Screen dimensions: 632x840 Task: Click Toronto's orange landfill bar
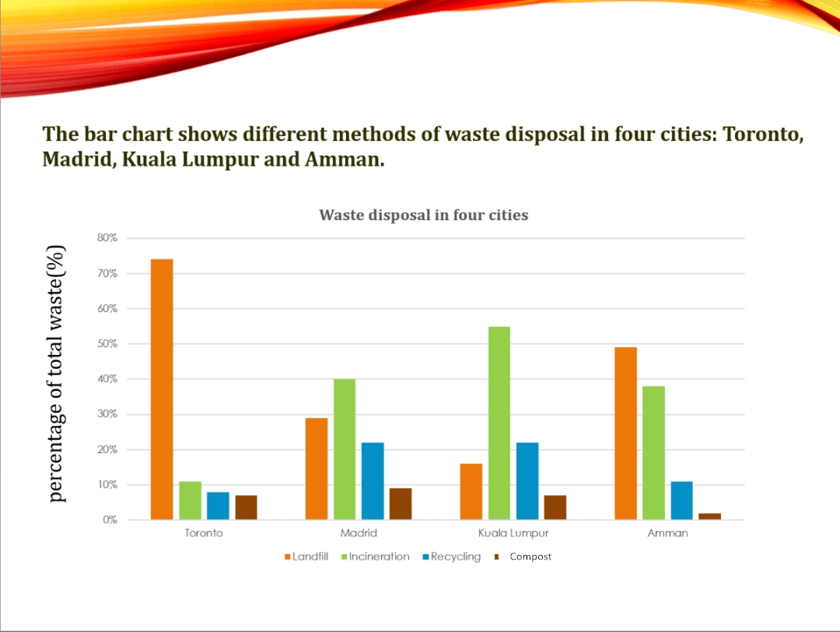162,389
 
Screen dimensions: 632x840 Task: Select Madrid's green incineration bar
345,449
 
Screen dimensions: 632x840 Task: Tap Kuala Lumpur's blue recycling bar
527,481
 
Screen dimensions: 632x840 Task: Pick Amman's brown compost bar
709,516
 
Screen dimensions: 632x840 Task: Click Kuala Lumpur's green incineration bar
499,423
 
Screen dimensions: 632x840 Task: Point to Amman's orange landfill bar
625,434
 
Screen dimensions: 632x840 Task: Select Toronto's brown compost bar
246,507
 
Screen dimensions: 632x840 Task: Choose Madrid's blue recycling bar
373,481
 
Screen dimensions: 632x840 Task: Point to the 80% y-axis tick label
107,238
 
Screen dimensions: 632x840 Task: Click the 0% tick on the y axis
109,520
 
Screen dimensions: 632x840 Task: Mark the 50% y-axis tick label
107,344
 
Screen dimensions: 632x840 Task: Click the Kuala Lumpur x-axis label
513,533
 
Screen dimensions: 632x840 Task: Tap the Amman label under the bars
667,533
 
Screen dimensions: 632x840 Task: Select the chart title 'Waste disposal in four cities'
423,215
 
